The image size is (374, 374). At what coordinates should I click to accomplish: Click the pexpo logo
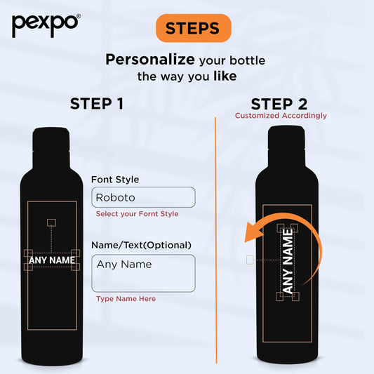tap(46, 25)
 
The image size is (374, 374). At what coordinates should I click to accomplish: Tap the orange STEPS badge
tap(194, 28)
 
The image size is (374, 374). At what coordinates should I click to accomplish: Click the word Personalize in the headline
tap(150, 60)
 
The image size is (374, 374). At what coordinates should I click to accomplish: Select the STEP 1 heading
tap(97, 104)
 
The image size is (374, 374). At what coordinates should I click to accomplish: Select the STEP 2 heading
tap(279, 105)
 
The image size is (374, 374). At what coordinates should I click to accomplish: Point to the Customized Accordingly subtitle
tap(281, 116)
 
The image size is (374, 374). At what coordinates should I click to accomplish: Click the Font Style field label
tap(115, 180)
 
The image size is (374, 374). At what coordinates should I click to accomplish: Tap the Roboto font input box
tap(143, 197)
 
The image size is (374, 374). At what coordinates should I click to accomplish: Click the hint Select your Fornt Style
tap(137, 214)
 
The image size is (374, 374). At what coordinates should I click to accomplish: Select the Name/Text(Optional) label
tap(142, 245)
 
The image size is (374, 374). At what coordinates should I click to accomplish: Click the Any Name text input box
tap(143, 274)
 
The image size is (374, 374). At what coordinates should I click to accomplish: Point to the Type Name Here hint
tap(126, 299)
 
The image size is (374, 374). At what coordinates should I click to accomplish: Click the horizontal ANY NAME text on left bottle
tap(52, 260)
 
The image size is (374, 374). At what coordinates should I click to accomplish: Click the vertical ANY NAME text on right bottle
tap(288, 261)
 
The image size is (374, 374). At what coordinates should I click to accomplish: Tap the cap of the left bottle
tap(51, 139)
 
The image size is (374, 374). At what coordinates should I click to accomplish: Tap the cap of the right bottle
tap(286, 137)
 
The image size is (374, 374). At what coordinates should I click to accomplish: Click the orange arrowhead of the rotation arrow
tap(254, 232)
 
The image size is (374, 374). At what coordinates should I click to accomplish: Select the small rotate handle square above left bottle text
tap(51, 222)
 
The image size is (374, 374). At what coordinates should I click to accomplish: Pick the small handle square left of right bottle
tap(250, 260)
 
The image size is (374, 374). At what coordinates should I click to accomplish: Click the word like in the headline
tap(225, 76)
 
